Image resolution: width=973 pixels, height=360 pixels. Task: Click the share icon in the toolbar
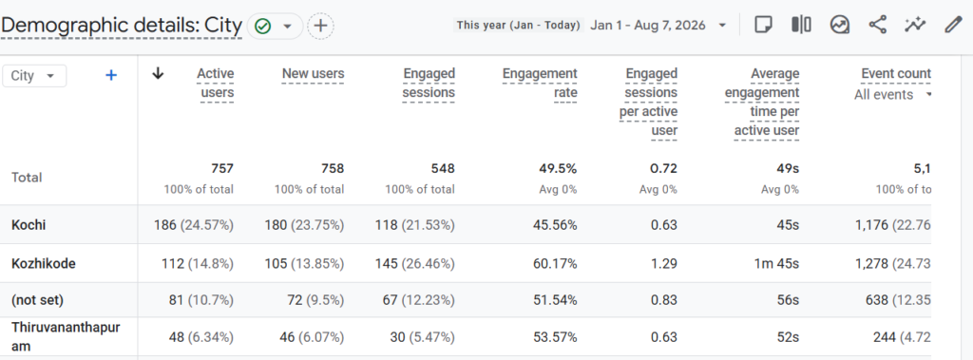pyautogui.click(x=877, y=25)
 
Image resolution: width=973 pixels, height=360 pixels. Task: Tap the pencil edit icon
pyautogui.click(x=952, y=25)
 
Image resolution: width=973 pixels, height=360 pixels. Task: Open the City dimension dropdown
pyautogui.click(x=34, y=76)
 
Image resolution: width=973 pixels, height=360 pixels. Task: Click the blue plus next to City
pyautogui.click(x=111, y=75)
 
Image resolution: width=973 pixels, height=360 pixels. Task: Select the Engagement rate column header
pyautogui.click(x=540, y=84)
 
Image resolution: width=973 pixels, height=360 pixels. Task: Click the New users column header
pyautogui.click(x=313, y=74)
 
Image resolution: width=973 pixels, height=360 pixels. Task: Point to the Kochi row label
pyautogui.click(x=29, y=225)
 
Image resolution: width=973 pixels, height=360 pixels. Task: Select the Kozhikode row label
pyautogui.click(x=44, y=263)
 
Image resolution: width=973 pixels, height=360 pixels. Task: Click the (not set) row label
pyautogui.click(x=37, y=300)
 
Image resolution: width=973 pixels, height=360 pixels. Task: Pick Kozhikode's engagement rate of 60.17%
pyautogui.click(x=555, y=264)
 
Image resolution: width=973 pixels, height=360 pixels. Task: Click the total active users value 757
pyautogui.click(x=221, y=168)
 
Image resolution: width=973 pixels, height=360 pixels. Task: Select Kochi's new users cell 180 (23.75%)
pyautogui.click(x=304, y=225)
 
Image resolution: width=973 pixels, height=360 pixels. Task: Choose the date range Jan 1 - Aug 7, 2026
pyautogui.click(x=648, y=26)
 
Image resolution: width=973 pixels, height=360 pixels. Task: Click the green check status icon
pyautogui.click(x=263, y=26)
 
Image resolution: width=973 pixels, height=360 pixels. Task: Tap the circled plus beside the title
pyautogui.click(x=320, y=26)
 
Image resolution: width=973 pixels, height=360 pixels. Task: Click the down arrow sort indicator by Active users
pyautogui.click(x=159, y=74)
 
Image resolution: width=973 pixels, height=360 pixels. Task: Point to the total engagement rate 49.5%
pyautogui.click(x=558, y=168)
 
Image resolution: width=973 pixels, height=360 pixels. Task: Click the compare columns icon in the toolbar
pyautogui.click(x=801, y=25)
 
